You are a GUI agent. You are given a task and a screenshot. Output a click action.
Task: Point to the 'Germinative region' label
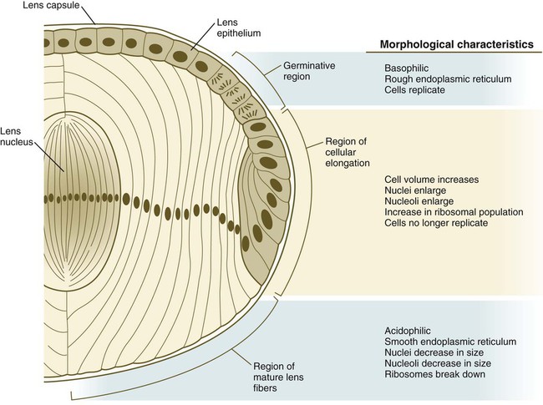(309, 71)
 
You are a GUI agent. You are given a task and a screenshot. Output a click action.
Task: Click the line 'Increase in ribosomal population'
(454, 212)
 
